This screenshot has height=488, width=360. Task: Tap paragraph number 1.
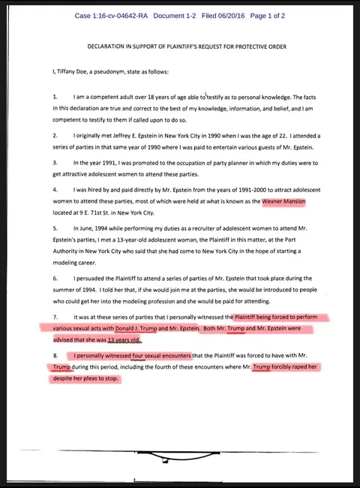coord(55,98)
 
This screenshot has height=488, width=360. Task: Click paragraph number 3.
coord(55,163)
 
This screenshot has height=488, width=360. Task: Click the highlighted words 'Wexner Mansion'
coord(283,201)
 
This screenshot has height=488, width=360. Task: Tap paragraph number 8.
coord(55,355)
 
